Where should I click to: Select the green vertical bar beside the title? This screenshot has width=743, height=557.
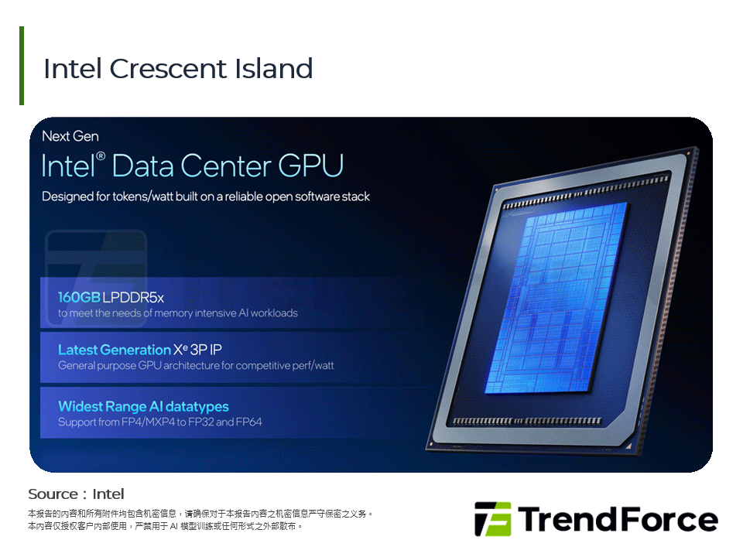[x=22, y=66]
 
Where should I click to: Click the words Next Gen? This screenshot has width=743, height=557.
[x=70, y=136]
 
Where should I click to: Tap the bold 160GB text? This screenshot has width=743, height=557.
[x=78, y=297]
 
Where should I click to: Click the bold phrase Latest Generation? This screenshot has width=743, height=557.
[x=114, y=350]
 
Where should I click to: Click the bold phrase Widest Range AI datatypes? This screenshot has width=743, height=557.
[x=143, y=406]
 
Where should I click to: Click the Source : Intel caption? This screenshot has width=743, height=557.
[x=76, y=494]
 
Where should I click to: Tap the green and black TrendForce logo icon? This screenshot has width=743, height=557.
[x=492, y=519]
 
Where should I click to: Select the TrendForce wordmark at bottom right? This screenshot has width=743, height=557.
[x=618, y=519]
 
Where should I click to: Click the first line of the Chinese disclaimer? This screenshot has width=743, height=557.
[x=200, y=513]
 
